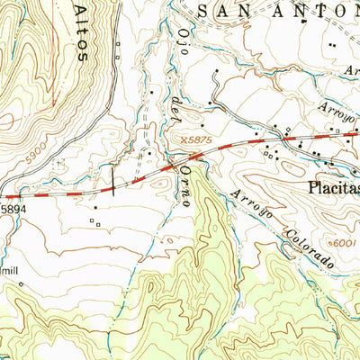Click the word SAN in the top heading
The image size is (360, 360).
(220, 11)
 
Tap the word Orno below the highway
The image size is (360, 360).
(185, 185)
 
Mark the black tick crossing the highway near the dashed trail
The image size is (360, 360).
(112, 186)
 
